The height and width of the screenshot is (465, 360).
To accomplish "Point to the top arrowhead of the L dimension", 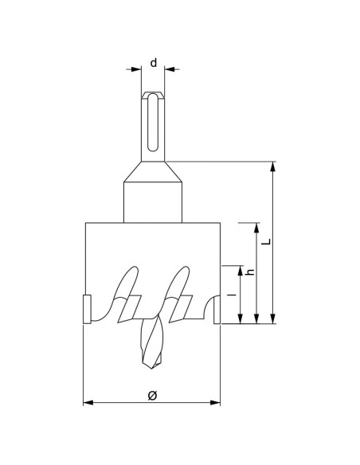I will (x=273, y=166).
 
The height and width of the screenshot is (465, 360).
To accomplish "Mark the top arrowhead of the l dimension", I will (x=239, y=269).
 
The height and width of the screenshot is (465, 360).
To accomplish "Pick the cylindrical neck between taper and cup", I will (x=152, y=203).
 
